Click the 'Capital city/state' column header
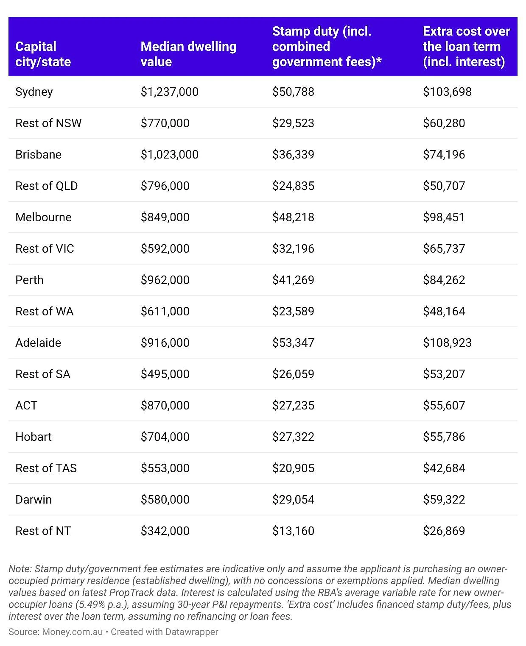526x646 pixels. [x=43, y=54]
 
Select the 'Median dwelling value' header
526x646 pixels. [x=188, y=54]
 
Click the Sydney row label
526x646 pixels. [x=34, y=92]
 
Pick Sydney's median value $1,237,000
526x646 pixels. [x=169, y=92]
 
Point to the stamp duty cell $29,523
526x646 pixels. [x=293, y=123]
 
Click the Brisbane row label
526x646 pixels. [x=38, y=154]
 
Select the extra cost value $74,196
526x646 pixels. [x=444, y=154]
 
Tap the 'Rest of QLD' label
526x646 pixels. [x=46, y=186]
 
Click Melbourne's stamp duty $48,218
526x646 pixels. [x=293, y=217]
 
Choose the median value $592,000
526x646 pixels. [x=165, y=249]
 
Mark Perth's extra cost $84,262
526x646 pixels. [x=444, y=280]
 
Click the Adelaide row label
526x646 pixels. [x=38, y=343]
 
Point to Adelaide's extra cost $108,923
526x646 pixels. [x=447, y=343]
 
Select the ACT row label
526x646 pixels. [x=26, y=406]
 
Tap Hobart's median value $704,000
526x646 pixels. [x=165, y=437]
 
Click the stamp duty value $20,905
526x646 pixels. [x=293, y=468]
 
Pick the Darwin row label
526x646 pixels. [x=34, y=499]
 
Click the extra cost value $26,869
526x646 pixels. [x=444, y=531]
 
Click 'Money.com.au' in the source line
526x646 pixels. [x=72, y=632]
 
